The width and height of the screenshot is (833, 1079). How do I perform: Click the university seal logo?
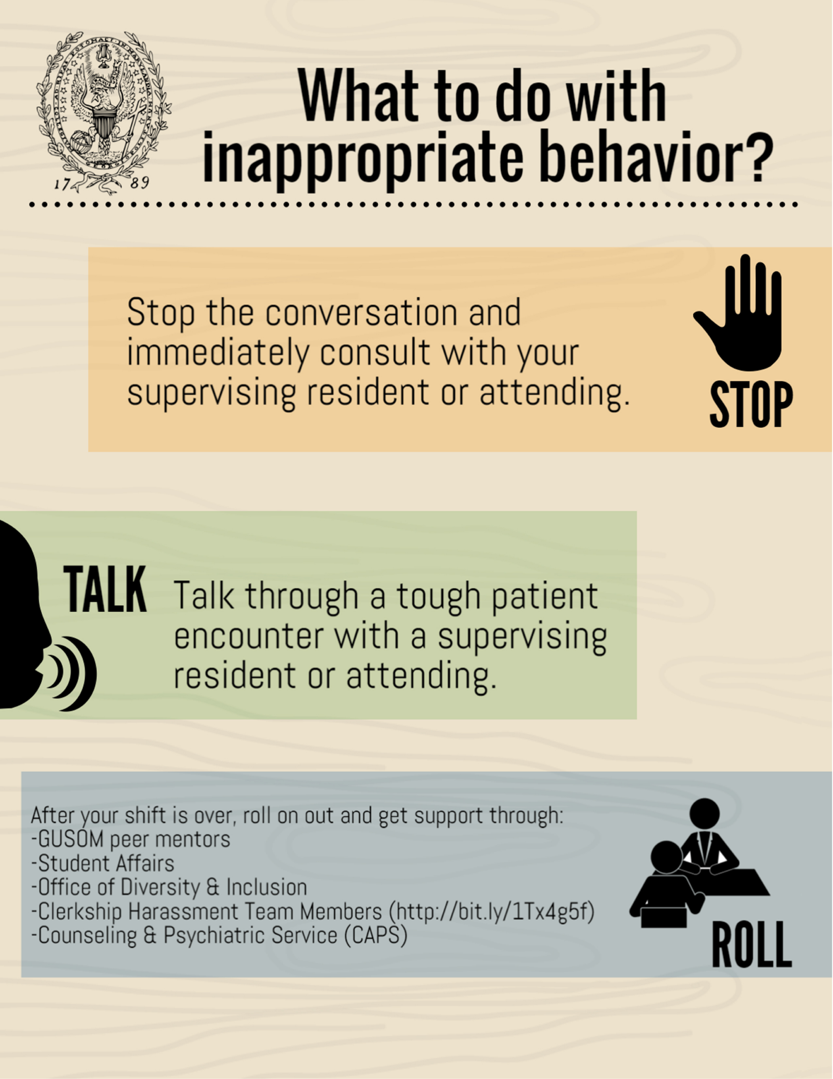coord(104,113)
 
